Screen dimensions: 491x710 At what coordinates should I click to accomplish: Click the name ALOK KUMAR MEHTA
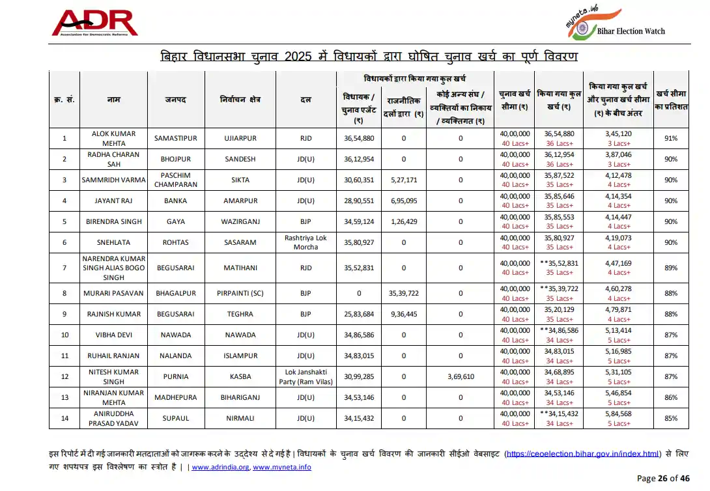pos(113,138)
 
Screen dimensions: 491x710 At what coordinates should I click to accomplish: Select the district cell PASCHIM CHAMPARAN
pos(175,180)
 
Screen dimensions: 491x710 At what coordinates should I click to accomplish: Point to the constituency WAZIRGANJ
pos(240,221)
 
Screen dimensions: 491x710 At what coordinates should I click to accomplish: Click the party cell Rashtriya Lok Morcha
pos(305,242)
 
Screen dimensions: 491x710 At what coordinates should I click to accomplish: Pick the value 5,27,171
pos(404,180)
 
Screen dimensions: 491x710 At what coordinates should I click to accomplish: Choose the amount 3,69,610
pos(461,376)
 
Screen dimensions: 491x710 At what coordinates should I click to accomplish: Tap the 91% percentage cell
pos(670,138)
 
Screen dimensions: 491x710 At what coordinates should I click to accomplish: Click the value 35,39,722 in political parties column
pos(404,293)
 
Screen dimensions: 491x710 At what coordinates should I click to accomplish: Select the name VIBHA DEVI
pos(113,335)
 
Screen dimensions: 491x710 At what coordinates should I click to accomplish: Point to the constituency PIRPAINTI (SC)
pos(240,293)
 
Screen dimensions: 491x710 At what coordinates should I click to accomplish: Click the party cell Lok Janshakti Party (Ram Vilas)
pos(305,376)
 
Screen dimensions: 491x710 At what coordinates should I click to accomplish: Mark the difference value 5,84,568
pos(619,414)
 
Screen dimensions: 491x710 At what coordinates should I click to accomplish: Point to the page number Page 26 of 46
pos(662,479)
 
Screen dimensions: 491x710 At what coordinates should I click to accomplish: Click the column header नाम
pos(113,100)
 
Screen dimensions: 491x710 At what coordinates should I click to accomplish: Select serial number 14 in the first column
pos(64,418)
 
